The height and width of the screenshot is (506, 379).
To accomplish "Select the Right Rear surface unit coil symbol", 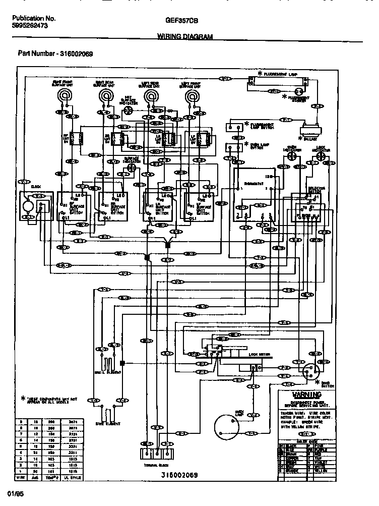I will (x=106, y=96).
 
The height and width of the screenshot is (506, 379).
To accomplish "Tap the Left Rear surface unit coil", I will (x=150, y=96).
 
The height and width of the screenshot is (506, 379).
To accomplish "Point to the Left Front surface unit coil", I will (x=192, y=96).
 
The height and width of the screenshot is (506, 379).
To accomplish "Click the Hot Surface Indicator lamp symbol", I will (x=129, y=109).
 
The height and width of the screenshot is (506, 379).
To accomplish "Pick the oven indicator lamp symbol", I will (x=291, y=157).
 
